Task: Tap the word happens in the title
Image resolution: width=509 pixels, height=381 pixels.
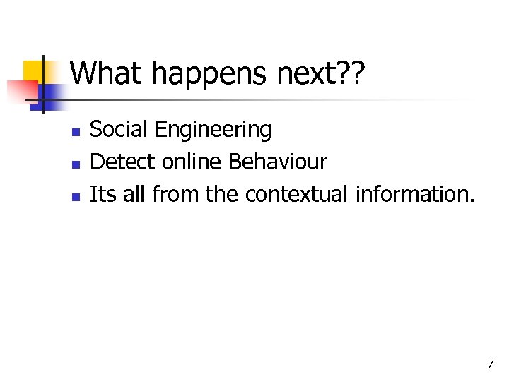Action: pyautogui.click(x=199, y=73)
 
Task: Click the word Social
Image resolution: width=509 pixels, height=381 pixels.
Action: pyautogui.click(x=119, y=130)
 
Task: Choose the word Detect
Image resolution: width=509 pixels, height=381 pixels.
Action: pyautogui.click(x=123, y=162)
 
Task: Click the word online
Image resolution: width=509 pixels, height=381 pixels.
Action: pyautogui.click(x=192, y=162)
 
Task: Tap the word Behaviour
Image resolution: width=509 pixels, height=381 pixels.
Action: pyautogui.click(x=278, y=162)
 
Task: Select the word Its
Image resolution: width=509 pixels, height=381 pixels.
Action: pyautogui.click(x=103, y=194)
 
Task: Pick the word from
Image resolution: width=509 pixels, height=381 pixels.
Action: pyautogui.click(x=174, y=194)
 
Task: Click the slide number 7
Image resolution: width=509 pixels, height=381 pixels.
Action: pyautogui.click(x=490, y=364)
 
